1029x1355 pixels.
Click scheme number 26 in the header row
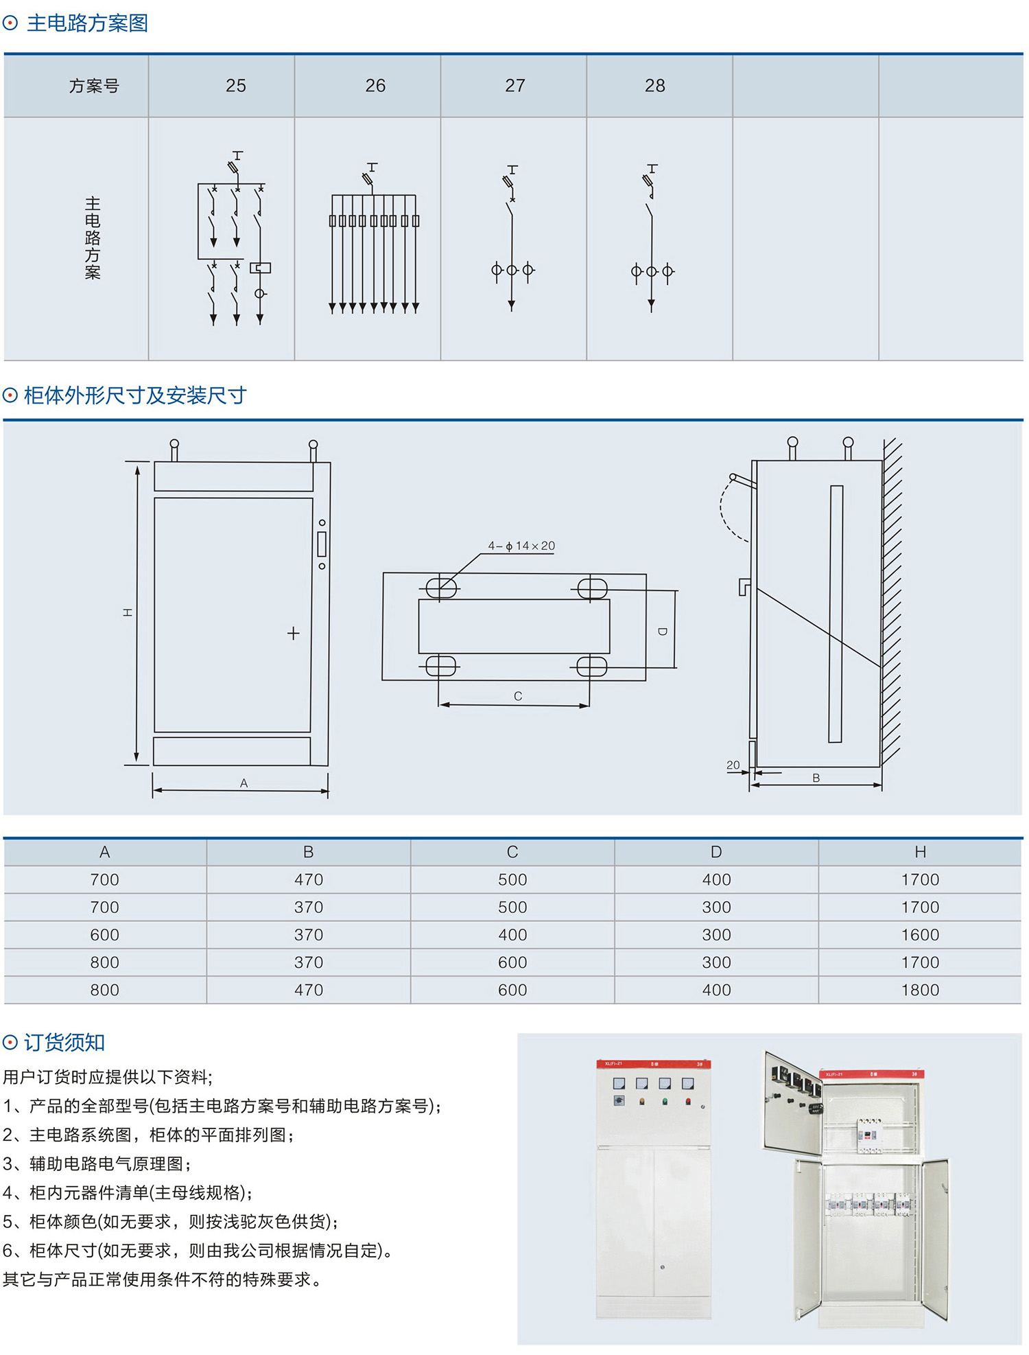click(375, 86)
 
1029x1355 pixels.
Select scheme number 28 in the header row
click(654, 86)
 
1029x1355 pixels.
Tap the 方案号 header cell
click(94, 86)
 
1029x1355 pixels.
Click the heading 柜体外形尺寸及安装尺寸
click(134, 395)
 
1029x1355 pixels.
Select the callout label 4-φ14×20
click(521, 546)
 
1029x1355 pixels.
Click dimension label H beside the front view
click(128, 612)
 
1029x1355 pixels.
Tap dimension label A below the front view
click(244, 783)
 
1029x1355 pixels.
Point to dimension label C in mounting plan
click(518, 696)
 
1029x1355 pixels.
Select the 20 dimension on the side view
click(733, 765)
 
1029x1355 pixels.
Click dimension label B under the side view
click(816, 778)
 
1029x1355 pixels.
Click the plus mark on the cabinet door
click(293, 634)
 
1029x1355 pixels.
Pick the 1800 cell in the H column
click(920, 990)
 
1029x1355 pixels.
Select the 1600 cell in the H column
click(920, 935)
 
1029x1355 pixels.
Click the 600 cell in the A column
click(104, 935)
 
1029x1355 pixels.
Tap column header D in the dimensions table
click(716, 852)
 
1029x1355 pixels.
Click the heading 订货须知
click(64, 1043)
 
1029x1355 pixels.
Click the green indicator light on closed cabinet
click(665, 1102)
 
